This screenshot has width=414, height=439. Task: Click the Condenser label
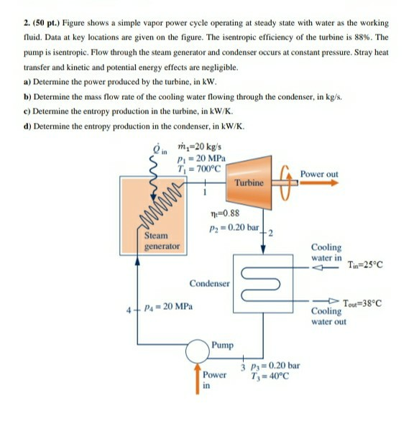point(210,283)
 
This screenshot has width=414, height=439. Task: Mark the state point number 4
point(129,311)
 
